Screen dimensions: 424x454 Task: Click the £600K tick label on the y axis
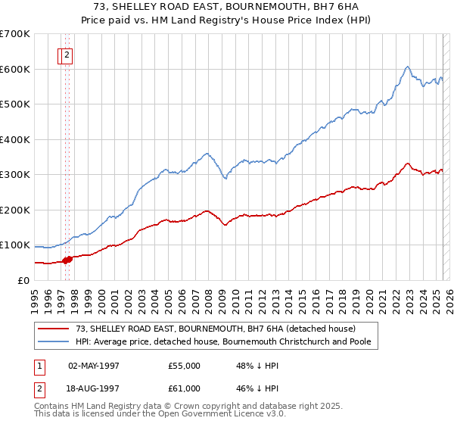pos(15,69)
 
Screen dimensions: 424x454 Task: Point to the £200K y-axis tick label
pos(15,210)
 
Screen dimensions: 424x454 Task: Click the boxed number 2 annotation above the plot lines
pos(67,55)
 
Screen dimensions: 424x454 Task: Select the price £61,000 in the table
pos(185,388)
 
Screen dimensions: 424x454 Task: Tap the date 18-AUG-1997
pos(95,388)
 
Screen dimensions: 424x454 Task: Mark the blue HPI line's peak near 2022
pos(407,67)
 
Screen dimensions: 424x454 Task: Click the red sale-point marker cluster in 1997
pos(67,260)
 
